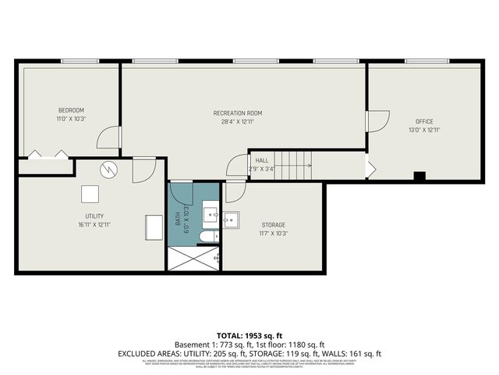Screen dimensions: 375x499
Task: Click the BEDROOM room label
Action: click(x=71, y=110)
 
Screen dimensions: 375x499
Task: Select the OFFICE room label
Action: click(x=424, y=121)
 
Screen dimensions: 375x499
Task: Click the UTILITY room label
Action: click(x=95, y=216)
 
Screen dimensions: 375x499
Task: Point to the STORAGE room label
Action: click(x=273, y=224)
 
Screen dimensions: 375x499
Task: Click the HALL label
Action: click(x=262, y=160)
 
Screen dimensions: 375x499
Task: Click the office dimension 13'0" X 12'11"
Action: click(x=424, y=130)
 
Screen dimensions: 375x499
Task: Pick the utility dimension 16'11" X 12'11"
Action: click(x=95, y=224)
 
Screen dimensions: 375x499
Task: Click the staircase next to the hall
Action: click(x=293, y=165)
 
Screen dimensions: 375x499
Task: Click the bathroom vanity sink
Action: click(x=209, y=214)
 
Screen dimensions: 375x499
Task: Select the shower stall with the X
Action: click(x=193, y=259)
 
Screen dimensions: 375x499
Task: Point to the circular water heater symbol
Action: click(x=110, y=169)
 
